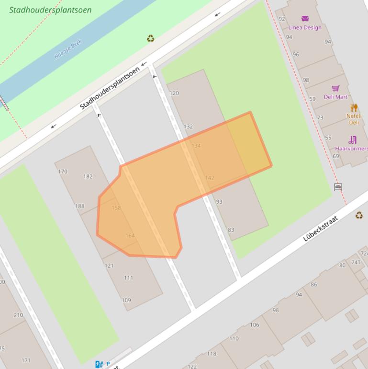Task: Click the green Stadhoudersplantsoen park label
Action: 50,10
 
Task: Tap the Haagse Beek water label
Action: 68,49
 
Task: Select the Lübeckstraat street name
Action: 321,229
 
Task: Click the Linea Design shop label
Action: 305,27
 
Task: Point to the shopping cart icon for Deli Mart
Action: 335,89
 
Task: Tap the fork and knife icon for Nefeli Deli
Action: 354,107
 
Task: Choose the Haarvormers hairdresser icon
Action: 353,140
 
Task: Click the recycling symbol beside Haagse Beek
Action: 151,38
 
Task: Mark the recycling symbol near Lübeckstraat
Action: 359,215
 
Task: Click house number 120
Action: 174,93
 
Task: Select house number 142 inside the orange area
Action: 209,178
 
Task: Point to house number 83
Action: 231,230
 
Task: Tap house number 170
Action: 63,172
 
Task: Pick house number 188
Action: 79,206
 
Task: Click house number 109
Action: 126,300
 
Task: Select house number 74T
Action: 356,262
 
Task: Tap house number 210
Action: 18,315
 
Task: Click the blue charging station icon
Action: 99,365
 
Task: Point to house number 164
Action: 130,235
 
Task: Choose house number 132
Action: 188,127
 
